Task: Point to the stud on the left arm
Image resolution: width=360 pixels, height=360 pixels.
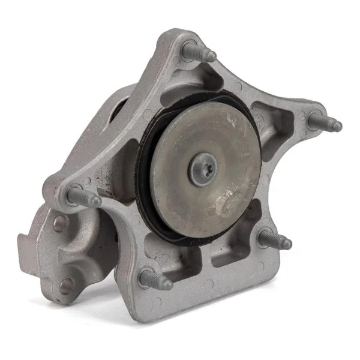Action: pyautogui.click(x=84, y=196)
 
